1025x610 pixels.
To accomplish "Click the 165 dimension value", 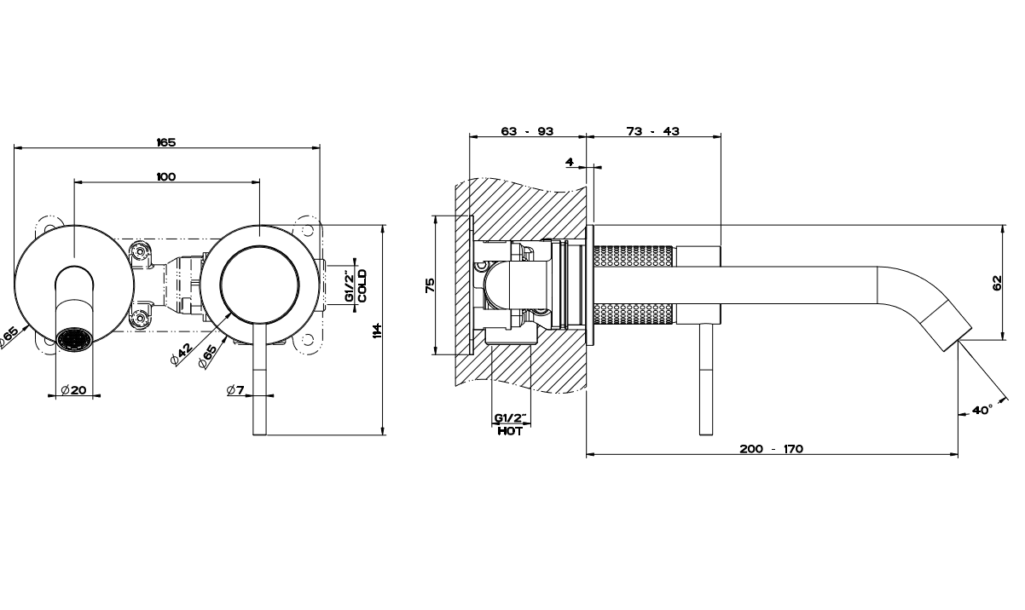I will click(x=166, y=141).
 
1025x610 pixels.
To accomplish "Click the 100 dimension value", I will click(x=166, y=176).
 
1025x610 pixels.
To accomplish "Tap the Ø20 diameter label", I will click(x=74, y=390).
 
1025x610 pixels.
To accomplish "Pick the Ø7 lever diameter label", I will click(x=236, y=390).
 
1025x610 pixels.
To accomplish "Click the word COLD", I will click(x=362, y=286).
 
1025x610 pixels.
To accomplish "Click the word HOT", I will click(x=510, y=431).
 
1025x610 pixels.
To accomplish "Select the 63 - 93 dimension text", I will click(x=527, y=131).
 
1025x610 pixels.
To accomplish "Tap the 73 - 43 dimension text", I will click(x=653, y=131).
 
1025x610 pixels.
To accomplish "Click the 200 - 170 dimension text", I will click(x=772, y=449).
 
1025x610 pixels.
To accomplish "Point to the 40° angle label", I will click(x=982, y=410).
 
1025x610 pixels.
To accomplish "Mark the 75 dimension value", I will click(x=430, y=285).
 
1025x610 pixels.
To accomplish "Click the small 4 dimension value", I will click(x=569, y=161).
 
